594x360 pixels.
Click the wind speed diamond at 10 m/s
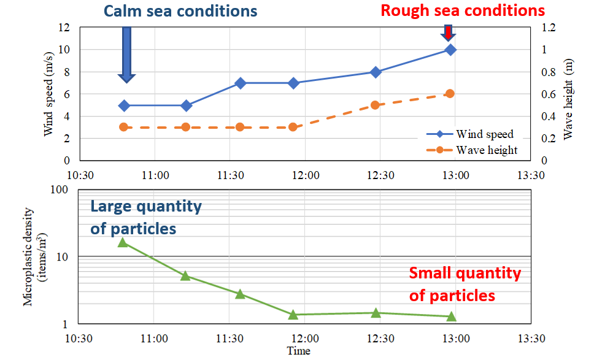coord(450,50)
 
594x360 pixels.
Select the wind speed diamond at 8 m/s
coord(376,72)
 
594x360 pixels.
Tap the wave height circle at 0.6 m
coord(450,94)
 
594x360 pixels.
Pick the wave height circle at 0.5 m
coord(376,105)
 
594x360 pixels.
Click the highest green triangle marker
coord(123,242)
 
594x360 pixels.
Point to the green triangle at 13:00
coord(451,316)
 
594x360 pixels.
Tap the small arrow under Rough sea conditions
coord(449,33)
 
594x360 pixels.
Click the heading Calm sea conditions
coord(180,11)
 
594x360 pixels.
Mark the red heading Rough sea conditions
coord(463,10)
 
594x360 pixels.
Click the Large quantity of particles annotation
coord(146,218)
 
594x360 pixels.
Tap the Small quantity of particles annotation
coord(465,284)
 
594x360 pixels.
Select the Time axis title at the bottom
coord(298,351)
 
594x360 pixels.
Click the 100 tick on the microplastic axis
coord(59,190)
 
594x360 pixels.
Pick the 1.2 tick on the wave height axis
coord(547,28)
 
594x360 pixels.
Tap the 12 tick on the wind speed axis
coord(64,28)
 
